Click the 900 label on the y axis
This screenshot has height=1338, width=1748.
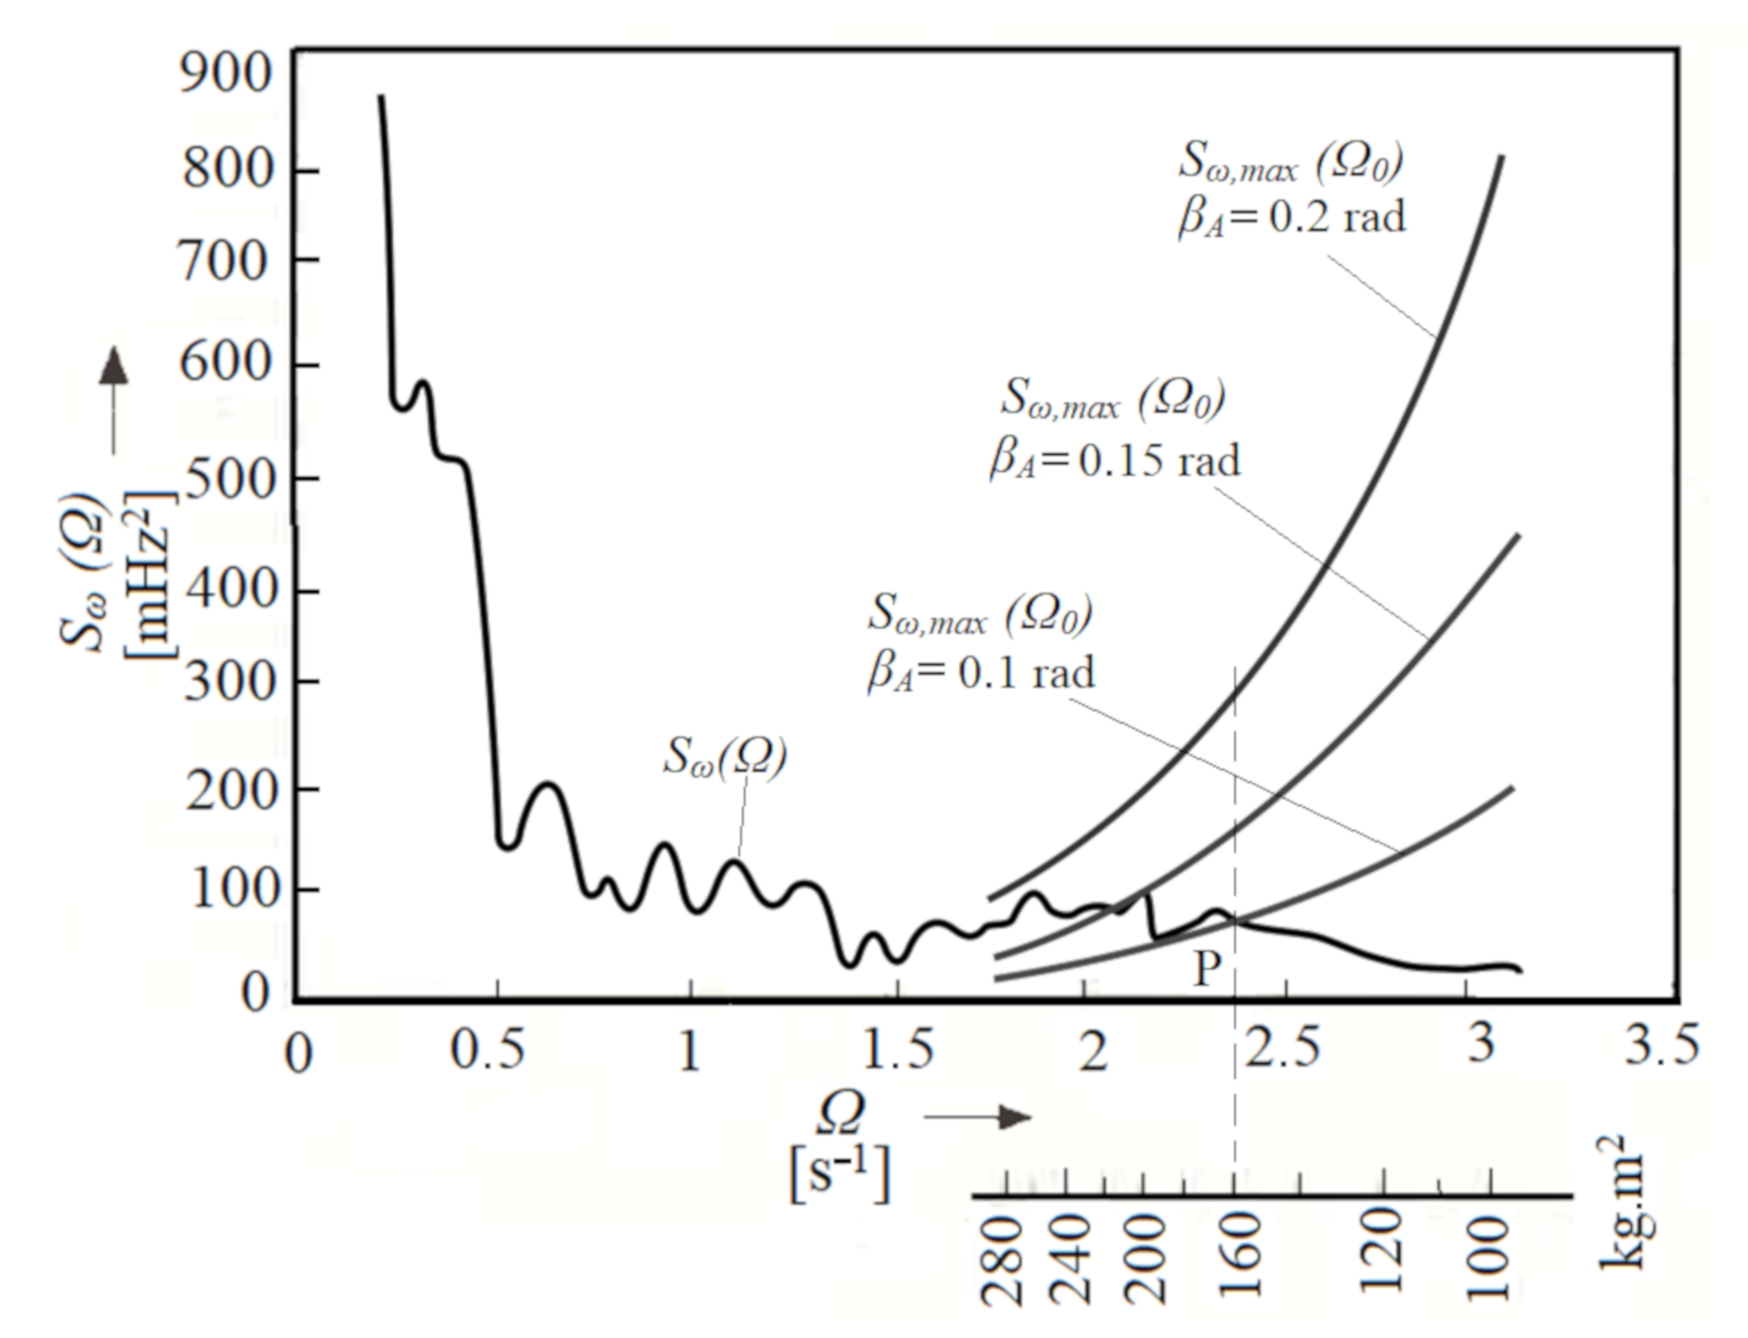[x=225, y=73]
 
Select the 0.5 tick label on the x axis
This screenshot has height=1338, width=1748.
[x=487, y=1050]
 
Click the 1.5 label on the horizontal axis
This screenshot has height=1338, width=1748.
[x=897, y=1050]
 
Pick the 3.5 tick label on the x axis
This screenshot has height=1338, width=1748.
[x=1661, y=1045]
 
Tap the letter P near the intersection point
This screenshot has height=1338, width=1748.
[x=1207, y=968]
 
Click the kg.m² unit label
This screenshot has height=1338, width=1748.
[x=1620, y=1203]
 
